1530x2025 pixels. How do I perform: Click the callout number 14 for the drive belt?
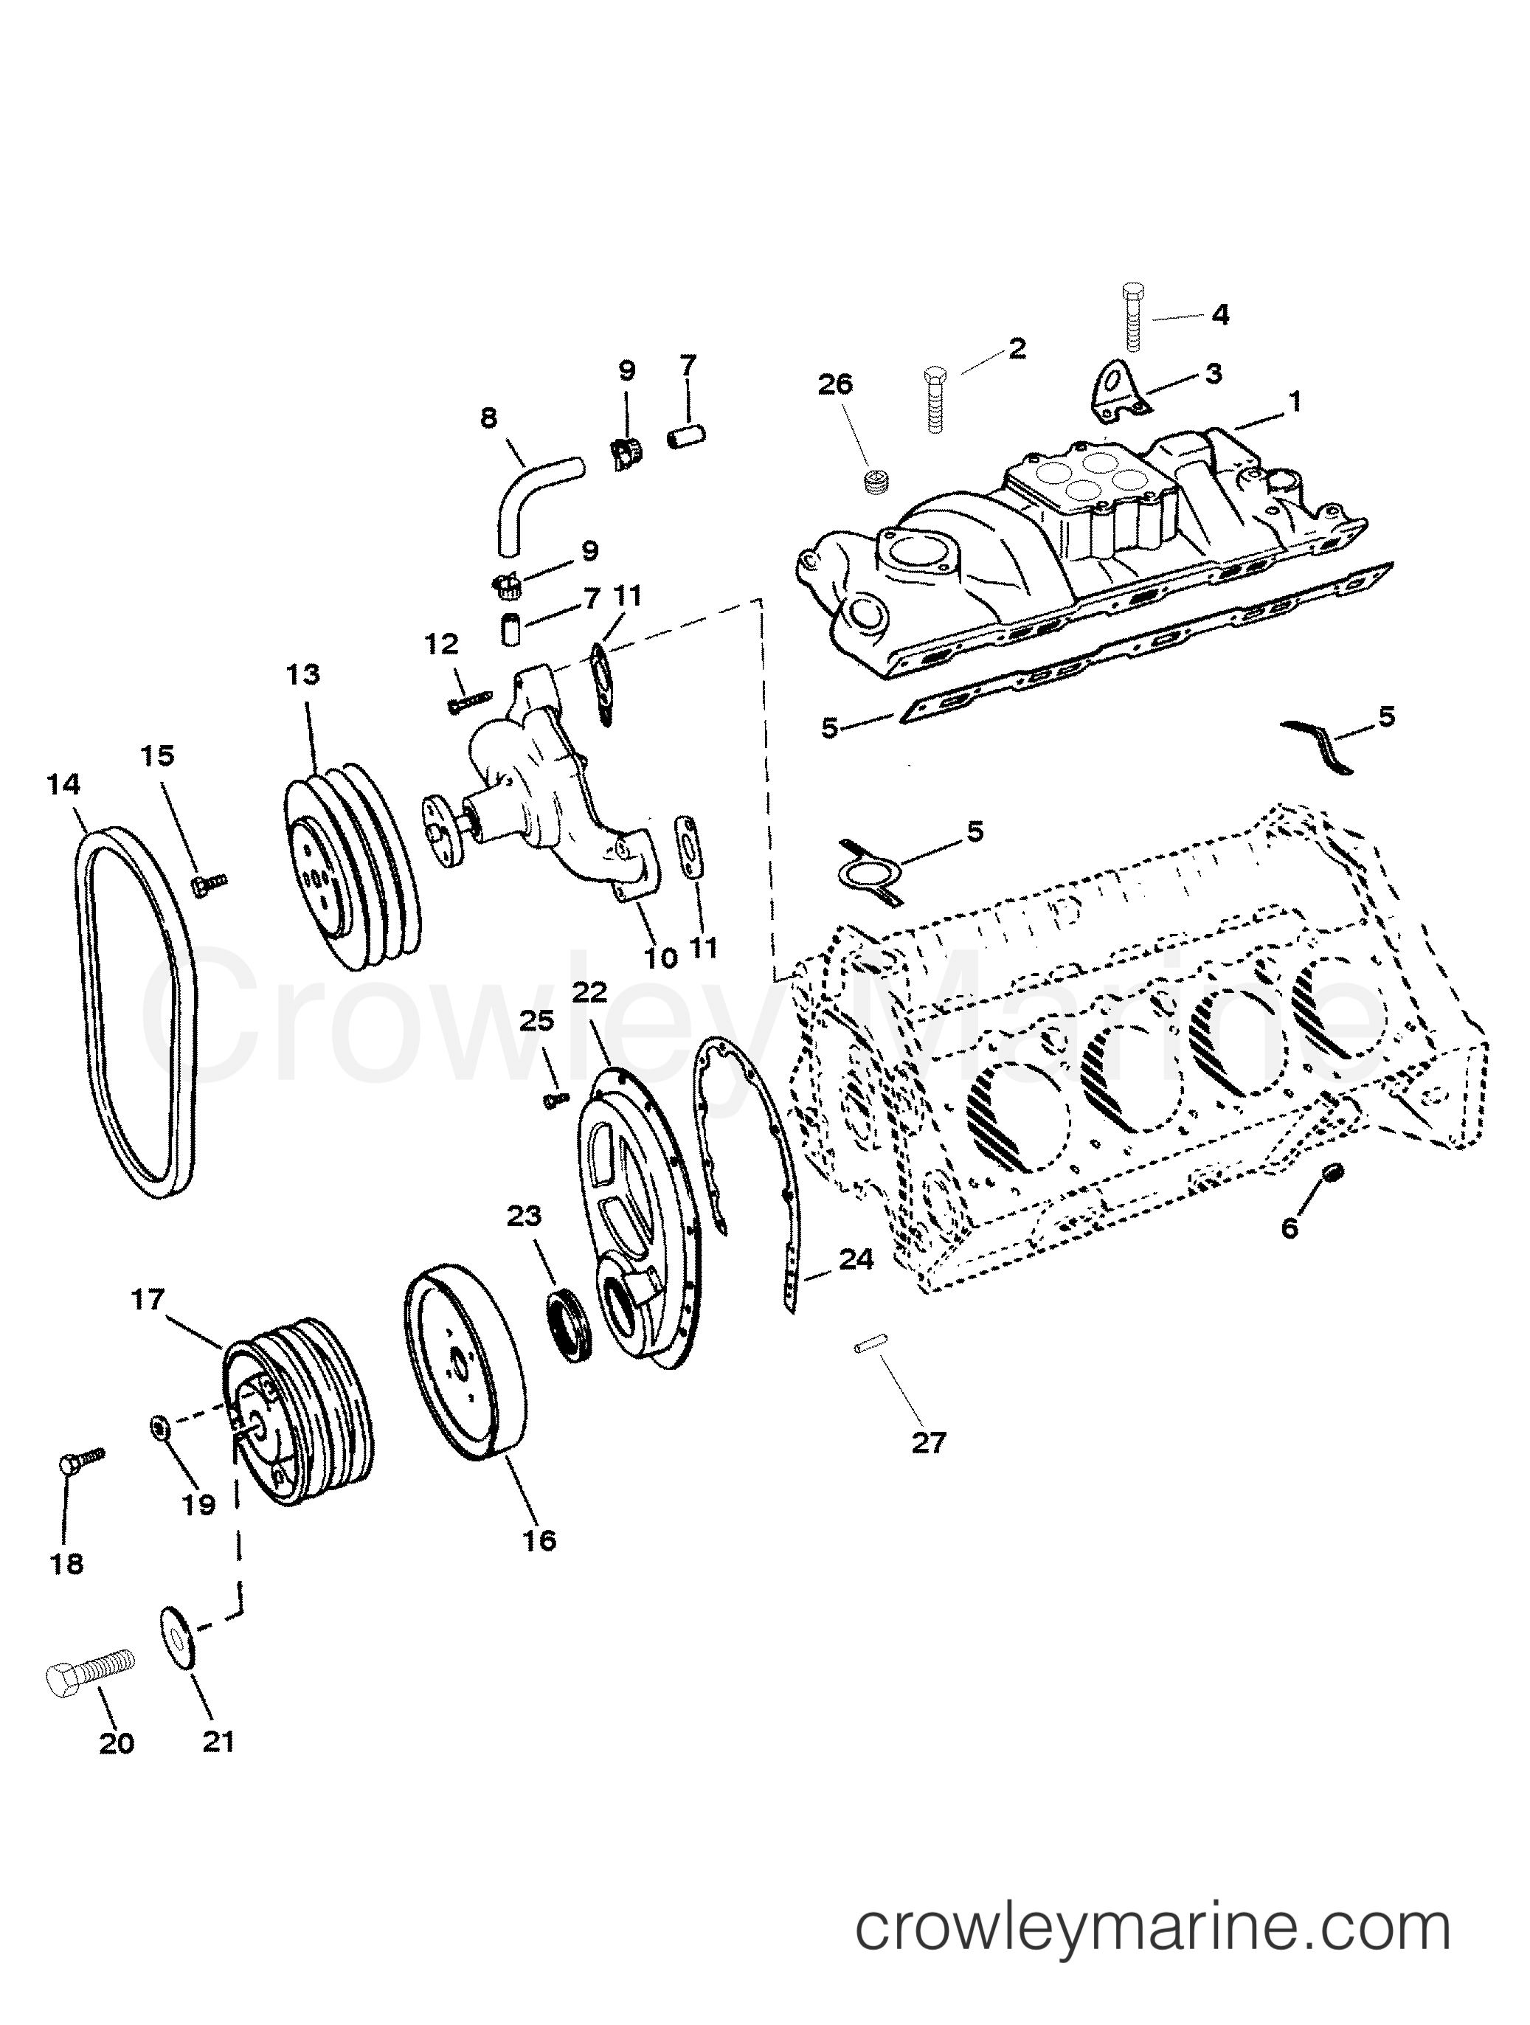65,785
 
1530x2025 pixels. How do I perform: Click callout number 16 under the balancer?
540,1540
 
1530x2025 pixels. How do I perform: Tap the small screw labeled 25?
555,1101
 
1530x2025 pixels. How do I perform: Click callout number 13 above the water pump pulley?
303,675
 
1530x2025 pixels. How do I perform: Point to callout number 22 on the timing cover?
591,991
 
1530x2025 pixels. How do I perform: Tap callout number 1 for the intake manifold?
1295,401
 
